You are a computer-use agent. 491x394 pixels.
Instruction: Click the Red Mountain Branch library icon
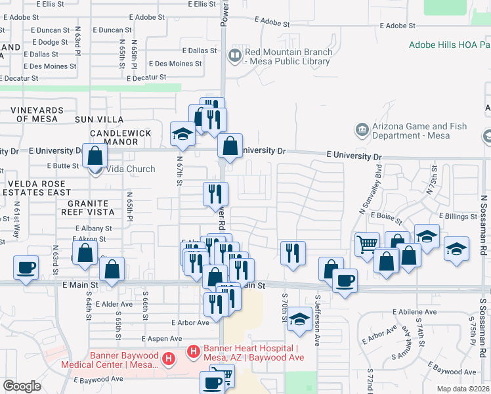(234, 56)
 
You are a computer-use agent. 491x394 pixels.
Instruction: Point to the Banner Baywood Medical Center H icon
(169, 359)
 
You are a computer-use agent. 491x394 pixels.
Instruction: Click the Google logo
(22, 386)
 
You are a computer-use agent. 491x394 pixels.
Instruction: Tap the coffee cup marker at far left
(26, 268)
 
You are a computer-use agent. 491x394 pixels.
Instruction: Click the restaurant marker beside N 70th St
(293, 253)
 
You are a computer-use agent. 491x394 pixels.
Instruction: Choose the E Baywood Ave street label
(98, 379)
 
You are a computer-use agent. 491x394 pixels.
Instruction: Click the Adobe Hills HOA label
(449, 45)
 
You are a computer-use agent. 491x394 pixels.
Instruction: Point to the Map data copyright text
(462, 389)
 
